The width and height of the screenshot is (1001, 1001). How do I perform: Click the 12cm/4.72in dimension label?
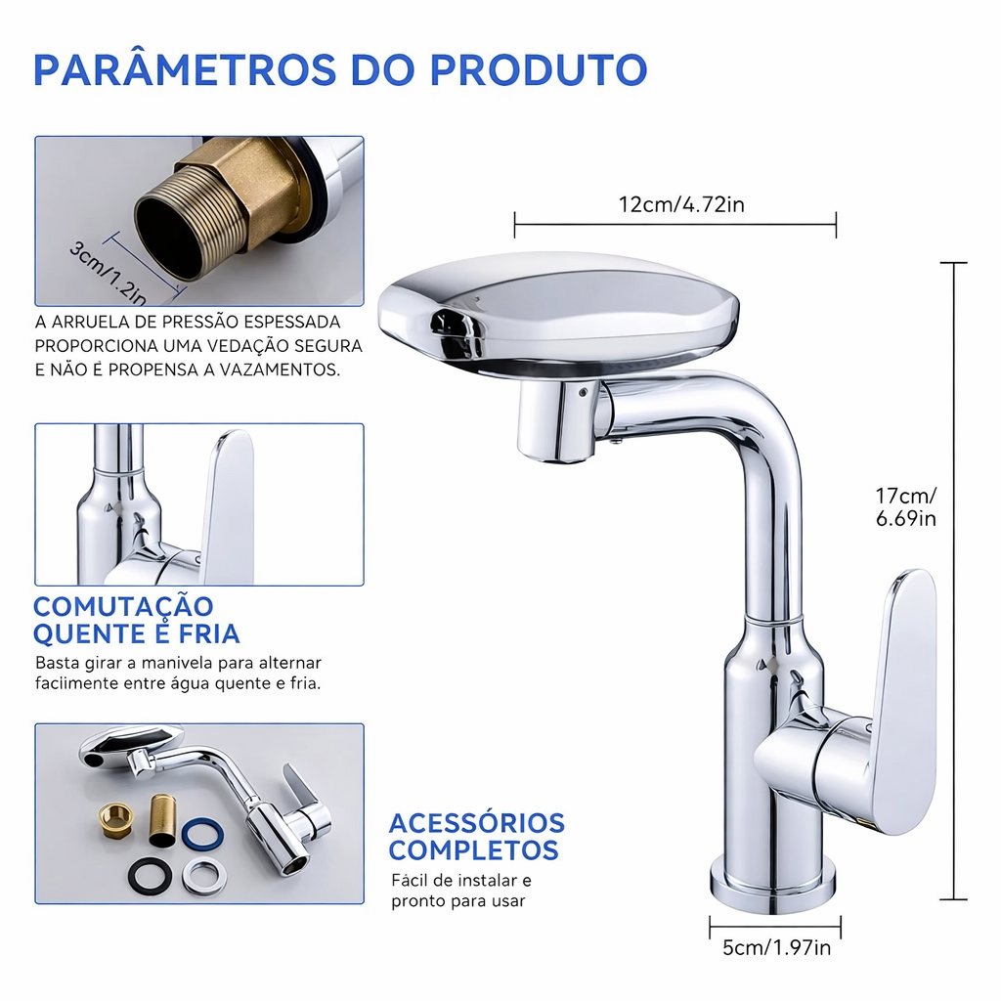click(681, 205)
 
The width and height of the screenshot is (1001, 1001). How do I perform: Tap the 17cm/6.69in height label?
click(906, 506)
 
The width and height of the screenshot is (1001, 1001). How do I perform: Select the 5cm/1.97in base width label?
click(776, 947)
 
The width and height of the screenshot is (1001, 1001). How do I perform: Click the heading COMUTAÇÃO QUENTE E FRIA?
click(136, 620)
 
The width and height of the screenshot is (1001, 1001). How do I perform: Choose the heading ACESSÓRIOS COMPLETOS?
click(477, 837)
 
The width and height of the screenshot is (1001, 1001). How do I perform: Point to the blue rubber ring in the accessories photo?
click(202, 835)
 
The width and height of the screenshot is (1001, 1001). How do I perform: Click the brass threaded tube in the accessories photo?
click(162, 821)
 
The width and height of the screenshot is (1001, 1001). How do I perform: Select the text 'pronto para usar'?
click(458, 901)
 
